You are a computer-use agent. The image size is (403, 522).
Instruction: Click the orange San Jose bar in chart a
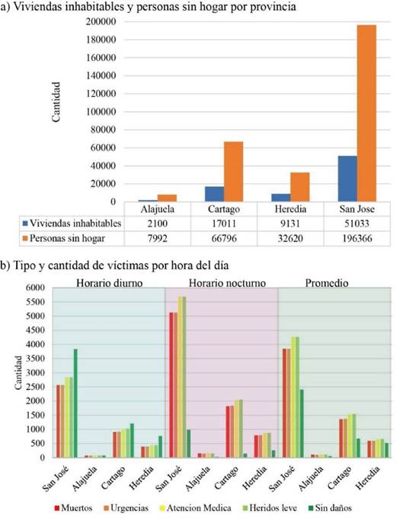pyautogui.click(x=366, y=113)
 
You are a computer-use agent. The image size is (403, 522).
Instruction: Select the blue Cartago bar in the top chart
pyautogui.click(x=214, y=194)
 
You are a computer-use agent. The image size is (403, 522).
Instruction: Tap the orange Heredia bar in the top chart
pyautogui.click(x=300, y=187)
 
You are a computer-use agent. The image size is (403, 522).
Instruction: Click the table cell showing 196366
pyautogui.click(x=357, y=238)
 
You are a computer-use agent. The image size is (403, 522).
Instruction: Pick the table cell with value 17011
pyautogui.click(x=224, y=224)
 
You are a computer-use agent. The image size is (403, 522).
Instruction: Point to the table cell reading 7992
pyautogui.click(x=158, y=238)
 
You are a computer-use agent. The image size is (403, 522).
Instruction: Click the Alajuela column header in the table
pyautogui.click(x=158, y=209)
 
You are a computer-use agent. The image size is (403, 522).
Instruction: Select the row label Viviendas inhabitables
pyautogui.click(x=75, y=223)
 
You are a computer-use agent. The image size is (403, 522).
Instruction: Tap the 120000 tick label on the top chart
pyautogui.click(x=101, y=94)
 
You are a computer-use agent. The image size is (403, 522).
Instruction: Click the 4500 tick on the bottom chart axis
pyautogui.click(x=35, y=330)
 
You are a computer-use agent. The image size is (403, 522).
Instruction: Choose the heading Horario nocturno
pyautogui.click(x=227, y=283)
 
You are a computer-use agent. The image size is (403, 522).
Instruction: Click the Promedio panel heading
pyautogui.click(x=327, y=283)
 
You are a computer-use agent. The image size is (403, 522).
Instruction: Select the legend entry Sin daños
pyautogui.click(x=330, y=508)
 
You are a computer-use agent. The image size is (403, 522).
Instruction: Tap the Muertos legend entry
pyautogui.click(x=73, y=508)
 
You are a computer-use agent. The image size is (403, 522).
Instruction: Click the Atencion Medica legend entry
pyautogui.click(x=196, y=508)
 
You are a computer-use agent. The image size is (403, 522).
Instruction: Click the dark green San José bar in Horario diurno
pyautogui.click(x=75, y=403)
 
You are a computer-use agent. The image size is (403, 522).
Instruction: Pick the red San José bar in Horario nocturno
pyautogui.click(x=171, y=385)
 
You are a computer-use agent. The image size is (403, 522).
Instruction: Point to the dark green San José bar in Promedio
pyautogui.click(x=302, y=424)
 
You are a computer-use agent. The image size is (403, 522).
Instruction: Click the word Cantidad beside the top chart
pyautogui.click(x=56, y=102)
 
